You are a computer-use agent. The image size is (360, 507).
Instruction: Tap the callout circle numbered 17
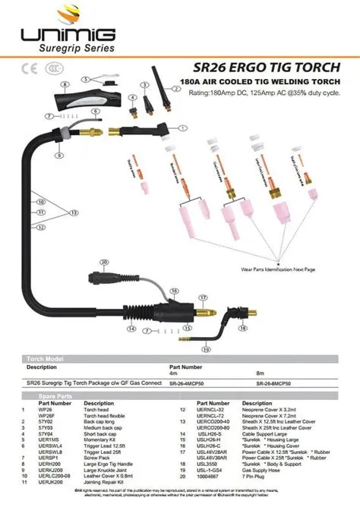point(202,297)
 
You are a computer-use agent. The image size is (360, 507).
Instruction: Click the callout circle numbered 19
point(207,348)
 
